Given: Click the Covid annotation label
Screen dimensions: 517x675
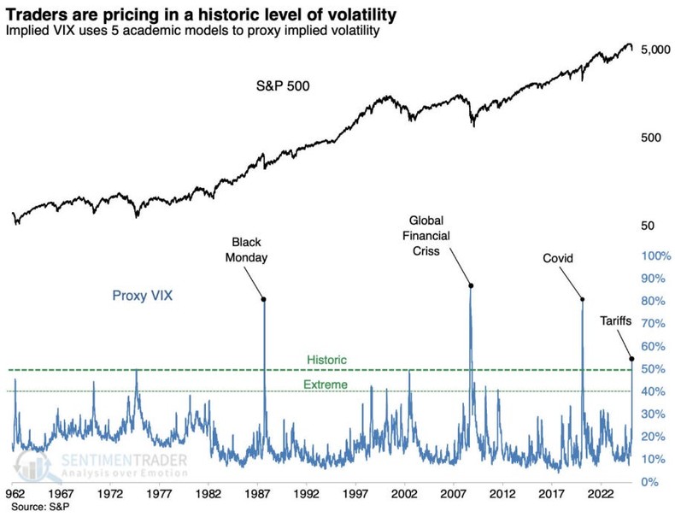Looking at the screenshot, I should pos(557,258).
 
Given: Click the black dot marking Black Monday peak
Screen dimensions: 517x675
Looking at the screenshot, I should pos(263,299).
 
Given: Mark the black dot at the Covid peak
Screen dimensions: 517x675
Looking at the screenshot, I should pos(582,299).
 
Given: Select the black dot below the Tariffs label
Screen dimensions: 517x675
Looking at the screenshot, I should pos(631,358).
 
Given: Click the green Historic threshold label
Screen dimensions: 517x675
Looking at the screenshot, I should pos(326,361).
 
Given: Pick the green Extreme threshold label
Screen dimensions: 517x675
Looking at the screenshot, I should pos(326,385).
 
